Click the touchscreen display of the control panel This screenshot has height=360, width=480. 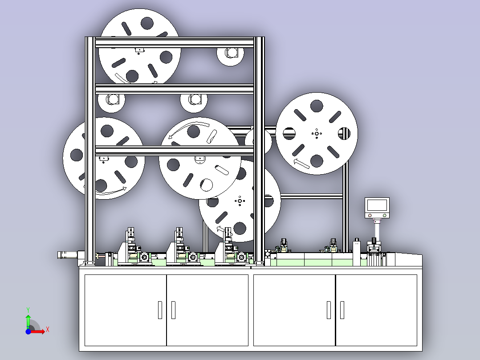(x=377, y=205)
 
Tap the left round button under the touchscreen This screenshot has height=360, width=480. (x=370, y=215)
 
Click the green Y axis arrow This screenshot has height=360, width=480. (x=28, y=321)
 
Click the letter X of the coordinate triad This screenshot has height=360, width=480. (x=48, y=330)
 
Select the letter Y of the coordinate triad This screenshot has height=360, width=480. (x=28, y=310)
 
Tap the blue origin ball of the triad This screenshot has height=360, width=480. (x=28, y=331)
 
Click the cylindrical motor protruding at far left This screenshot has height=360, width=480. (x=67, y=255)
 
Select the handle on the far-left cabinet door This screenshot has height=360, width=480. (x=160, y=310)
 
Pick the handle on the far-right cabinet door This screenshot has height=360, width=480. (x=342, y=310)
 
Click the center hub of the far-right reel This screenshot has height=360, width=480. (x=317, y=134)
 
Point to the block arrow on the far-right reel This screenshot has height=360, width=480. (x=301, y=164)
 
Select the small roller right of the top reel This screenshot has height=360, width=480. (x=230, y=53)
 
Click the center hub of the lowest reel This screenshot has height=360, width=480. (x=240, y=201)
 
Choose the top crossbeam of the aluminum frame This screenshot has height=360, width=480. (x=175, y=42)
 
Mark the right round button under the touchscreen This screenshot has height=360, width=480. (x=385, y=215)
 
